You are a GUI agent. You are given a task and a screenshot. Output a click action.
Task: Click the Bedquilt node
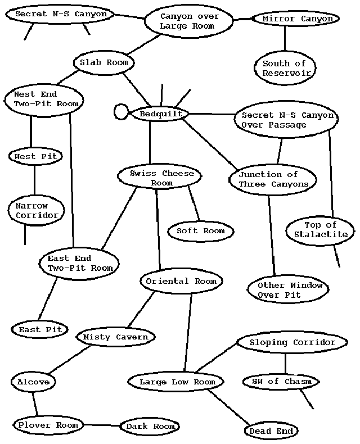(160, 114)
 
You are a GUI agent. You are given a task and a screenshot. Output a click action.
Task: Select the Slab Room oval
(104, 62)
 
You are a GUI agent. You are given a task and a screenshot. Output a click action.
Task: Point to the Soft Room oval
(200, 231)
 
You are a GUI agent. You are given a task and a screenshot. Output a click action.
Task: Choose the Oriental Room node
(181, 281)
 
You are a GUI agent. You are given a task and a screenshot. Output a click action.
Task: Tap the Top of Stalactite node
(321, 229)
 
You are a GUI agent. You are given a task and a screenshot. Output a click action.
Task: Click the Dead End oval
(271, 431)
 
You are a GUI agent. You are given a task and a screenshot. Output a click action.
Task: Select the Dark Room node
(150, 427)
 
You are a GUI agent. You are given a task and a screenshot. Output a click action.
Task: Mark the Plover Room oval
(47, 425)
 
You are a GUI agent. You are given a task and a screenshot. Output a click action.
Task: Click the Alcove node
(33, 382)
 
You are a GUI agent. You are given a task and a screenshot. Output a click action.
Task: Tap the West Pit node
(35, 156)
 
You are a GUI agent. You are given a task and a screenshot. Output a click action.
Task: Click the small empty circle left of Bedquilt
(121, 111)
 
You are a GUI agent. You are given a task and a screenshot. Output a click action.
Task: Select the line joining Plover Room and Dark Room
(100, 425)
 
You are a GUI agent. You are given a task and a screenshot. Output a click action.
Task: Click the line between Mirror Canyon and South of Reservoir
(285, 39)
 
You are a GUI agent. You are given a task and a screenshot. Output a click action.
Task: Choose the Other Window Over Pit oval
(288, 289)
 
